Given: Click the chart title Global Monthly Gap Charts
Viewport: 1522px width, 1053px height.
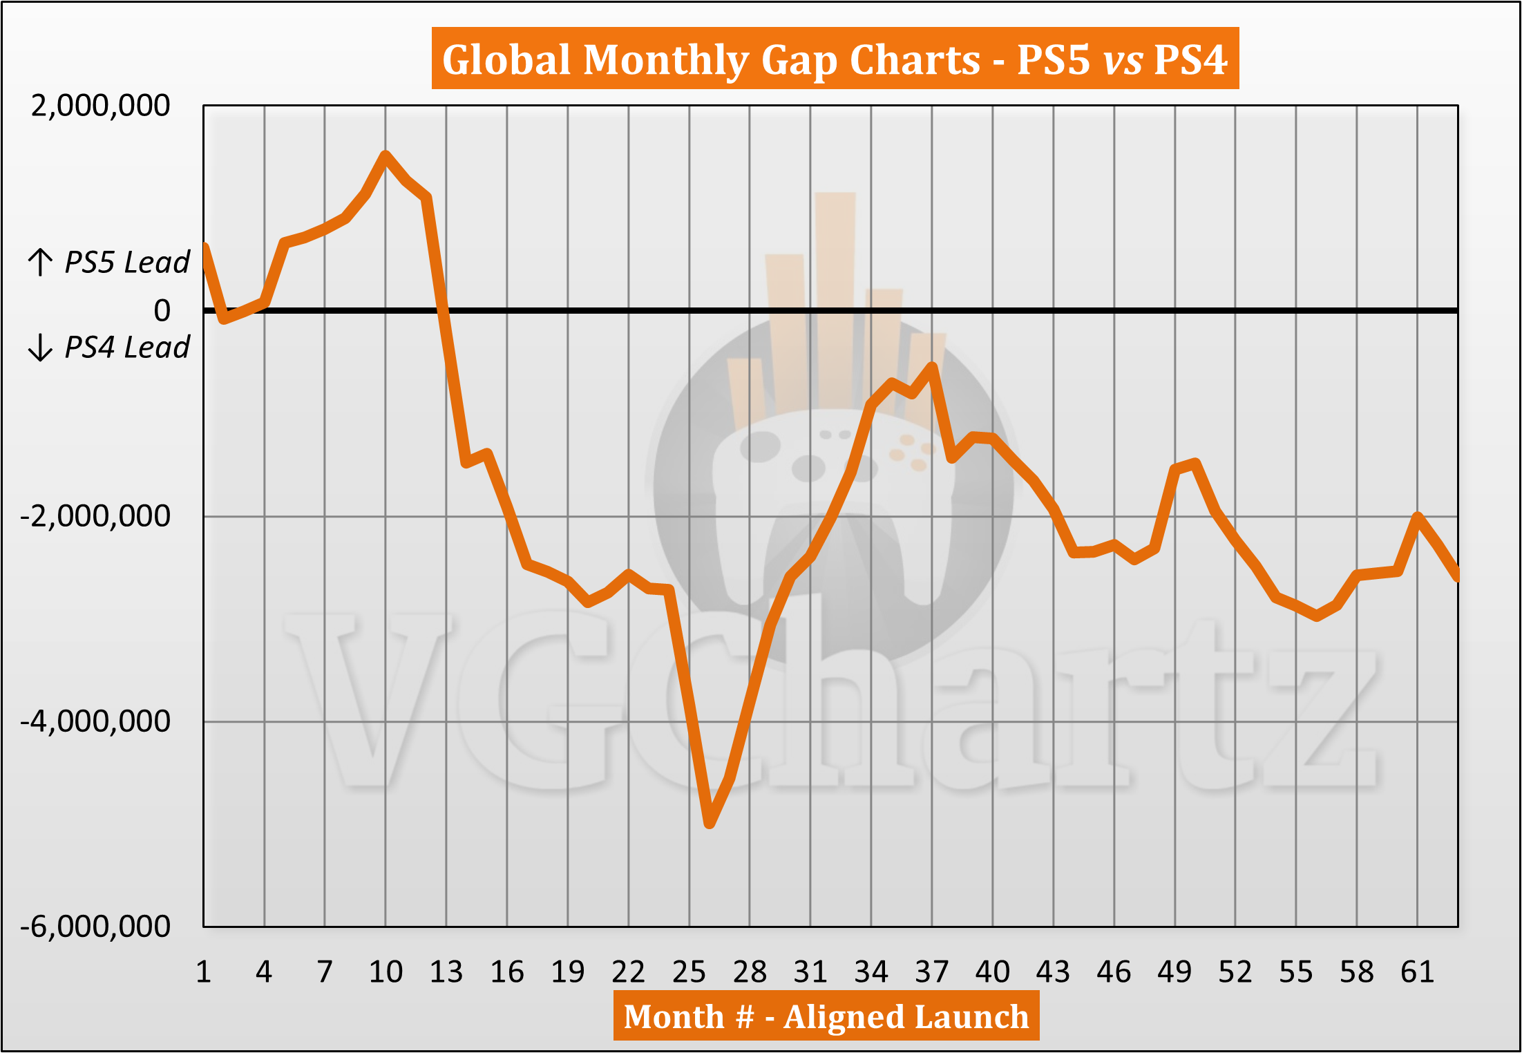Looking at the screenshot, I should pos(835,59).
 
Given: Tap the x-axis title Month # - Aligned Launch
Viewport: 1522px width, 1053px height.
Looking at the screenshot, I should pos(826,1016).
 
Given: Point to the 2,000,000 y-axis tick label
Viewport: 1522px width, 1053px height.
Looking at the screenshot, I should pos(100,106).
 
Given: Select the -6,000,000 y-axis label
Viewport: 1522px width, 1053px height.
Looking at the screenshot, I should pos(95,926).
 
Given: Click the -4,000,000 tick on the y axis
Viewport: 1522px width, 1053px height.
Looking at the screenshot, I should pos(95,721).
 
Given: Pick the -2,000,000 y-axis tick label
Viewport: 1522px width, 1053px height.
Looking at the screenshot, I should pos(95,516).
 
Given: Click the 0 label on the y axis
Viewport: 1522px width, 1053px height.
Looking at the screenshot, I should pos(162,311).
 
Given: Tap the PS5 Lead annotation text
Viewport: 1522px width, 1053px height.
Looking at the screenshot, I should pos(126,263).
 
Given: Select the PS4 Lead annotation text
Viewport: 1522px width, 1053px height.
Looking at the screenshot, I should pos(126,347).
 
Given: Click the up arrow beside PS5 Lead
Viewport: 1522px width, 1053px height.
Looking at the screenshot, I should pos(40,262).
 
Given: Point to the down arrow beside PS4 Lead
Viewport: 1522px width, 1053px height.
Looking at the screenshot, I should pos(40,347).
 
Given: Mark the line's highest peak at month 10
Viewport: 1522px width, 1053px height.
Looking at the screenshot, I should pos(386,155).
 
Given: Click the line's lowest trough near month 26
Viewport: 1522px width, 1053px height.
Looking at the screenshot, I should pos(710,823).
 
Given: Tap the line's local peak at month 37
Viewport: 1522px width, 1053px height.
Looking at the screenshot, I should pos(932,366).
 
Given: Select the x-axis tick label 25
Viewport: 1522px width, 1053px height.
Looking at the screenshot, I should pos(689,972).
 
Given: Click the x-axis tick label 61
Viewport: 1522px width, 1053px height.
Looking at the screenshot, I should pos(1417,972).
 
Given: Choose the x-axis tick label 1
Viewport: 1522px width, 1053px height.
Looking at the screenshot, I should pos(203,972).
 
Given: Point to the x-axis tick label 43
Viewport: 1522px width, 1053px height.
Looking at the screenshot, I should pos(1053,972).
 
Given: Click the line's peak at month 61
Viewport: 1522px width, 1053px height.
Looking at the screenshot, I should pos(1418,516).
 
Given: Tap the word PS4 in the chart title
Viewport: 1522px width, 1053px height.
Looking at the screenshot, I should pos(1190,59).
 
